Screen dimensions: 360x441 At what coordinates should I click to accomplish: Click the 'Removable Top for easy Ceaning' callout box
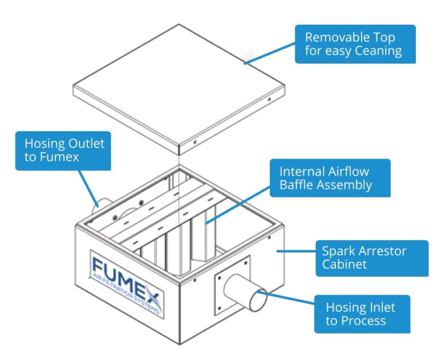click(353, 44)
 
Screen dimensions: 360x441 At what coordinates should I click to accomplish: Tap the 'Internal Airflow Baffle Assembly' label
click(326, 178)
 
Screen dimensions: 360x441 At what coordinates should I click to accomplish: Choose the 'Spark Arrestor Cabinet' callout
click(372, 258)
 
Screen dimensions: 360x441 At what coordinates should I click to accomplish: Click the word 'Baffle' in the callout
click(299, 185)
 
